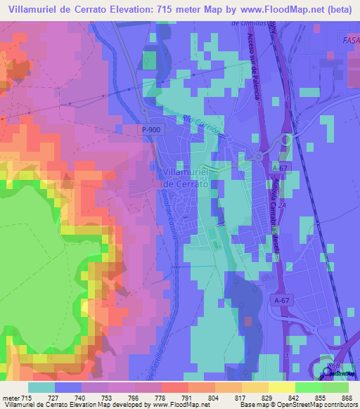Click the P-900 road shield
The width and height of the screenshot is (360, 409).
[148, 131]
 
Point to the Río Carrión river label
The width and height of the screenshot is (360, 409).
[202, 125]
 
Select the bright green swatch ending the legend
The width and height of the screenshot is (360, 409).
[335, 387]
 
